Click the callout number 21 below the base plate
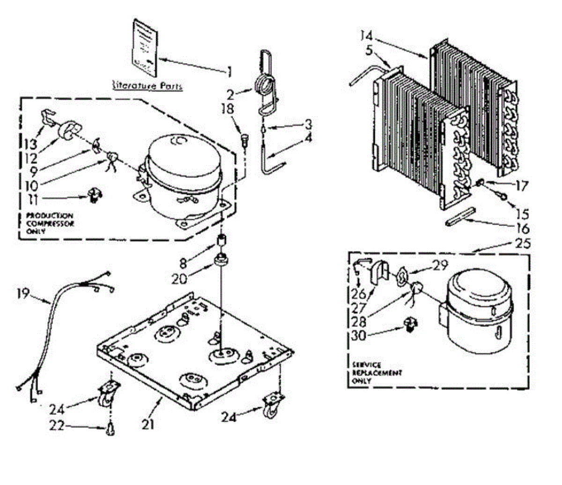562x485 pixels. [148, 424]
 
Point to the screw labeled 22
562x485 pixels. [111, 428]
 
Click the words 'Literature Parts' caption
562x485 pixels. [140, 85]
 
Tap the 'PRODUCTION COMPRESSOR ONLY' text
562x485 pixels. [47, 223]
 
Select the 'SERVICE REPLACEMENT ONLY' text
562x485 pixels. [376, 373]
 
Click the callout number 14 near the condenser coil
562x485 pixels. [367, 35]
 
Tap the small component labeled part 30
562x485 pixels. [410, 324]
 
